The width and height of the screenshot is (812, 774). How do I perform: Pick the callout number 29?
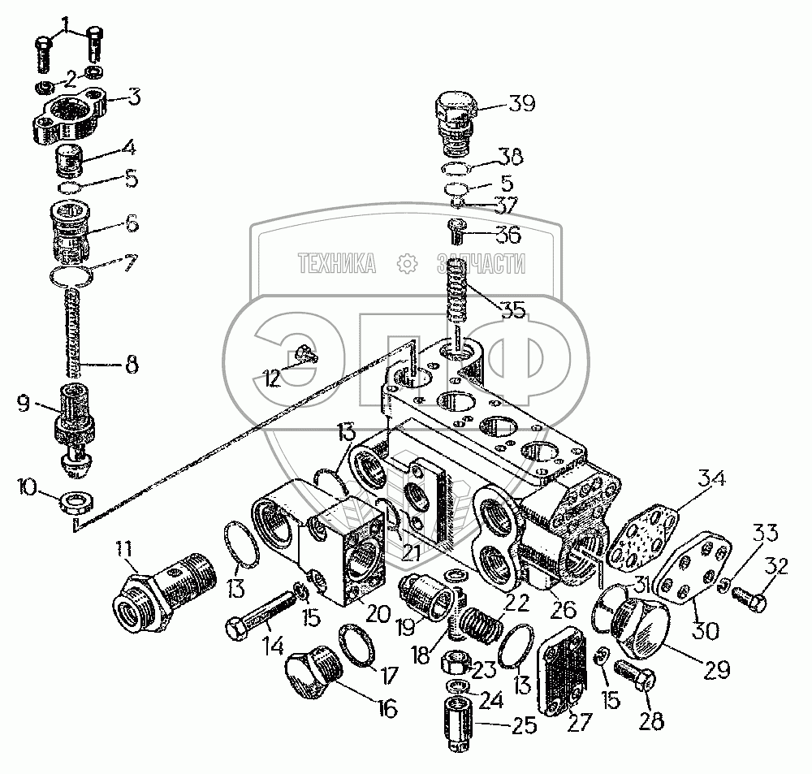716,670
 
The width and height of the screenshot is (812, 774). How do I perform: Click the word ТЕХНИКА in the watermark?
336,263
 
